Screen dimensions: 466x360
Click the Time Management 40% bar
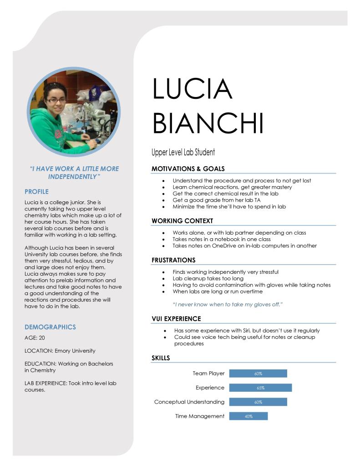(248, 416)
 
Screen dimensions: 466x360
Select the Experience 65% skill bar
(260, 388)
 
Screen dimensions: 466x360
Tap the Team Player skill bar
(258, 374)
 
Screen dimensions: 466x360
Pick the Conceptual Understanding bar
(258, 402)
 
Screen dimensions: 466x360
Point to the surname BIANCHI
(208, 123)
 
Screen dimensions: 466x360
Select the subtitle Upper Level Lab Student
(183, 152)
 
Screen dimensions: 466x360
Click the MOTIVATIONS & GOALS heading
(188, 169)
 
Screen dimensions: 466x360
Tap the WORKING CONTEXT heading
(182, 221)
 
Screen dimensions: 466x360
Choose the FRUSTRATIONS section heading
(173, 260)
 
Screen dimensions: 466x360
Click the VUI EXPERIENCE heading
(176, 319)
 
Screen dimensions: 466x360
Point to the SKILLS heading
(161, 358)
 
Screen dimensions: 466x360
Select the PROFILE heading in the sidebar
(36, 191)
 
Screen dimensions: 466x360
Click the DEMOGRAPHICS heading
(50, 327)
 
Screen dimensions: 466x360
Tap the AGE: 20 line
(35, 338)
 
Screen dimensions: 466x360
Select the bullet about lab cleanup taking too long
(208, 278)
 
